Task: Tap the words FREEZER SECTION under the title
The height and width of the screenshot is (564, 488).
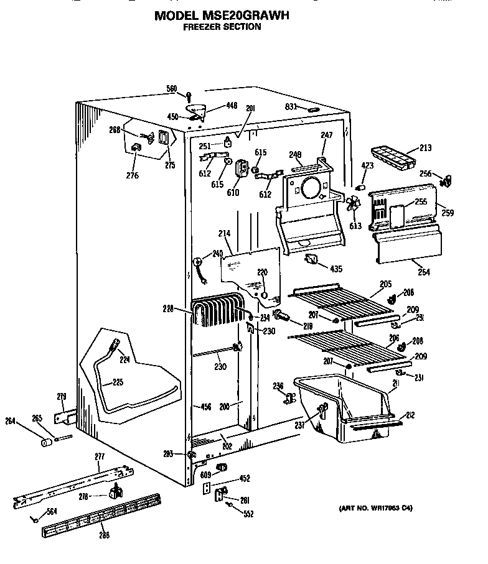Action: (x=222, y=27)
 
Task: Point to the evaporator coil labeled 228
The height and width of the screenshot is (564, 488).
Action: (x=215, y=312)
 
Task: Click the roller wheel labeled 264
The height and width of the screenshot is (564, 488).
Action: (x=46, y=443)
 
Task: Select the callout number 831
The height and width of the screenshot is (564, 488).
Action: (x=289, y=107)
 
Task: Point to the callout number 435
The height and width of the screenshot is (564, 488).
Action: (x=335, y=269)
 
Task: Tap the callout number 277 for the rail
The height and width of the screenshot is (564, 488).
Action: (x=100, y=457)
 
